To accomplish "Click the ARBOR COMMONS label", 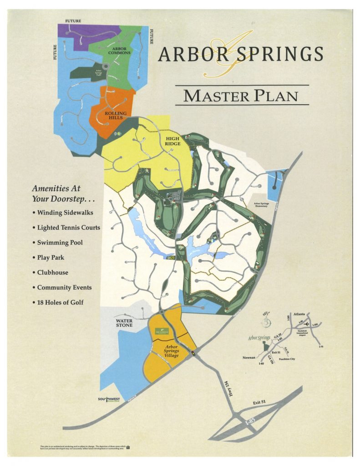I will tap(119, 50).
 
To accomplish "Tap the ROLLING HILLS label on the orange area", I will tap(116, 115).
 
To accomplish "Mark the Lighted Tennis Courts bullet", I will tap(68, 227).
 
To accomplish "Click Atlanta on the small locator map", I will tap(299, 314).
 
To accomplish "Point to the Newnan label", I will tap(250, 357).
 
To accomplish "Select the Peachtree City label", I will tap(286, 359).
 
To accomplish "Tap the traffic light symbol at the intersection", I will tap(193, 353).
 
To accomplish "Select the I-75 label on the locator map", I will tap(320, 347).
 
